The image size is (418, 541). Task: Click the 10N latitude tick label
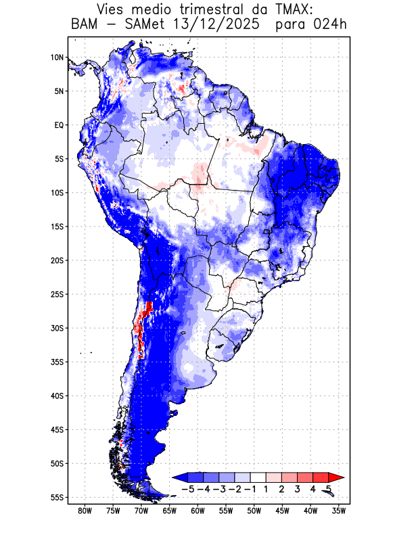point(57,57)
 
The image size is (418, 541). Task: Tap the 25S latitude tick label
point(57,294)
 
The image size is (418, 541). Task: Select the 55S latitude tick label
point(57,497)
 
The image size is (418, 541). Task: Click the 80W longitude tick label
point(85,511)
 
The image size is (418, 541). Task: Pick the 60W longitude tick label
point(198,511)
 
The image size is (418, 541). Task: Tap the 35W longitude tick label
point(339,511)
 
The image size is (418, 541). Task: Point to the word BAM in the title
point(85,25)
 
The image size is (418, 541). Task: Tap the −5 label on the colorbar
point(187,488)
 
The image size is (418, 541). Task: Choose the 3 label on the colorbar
point(297,488)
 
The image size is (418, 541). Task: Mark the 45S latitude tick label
point(57,429)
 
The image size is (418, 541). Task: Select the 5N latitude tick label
point(59,91)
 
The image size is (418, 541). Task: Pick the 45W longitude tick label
point(282,511)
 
